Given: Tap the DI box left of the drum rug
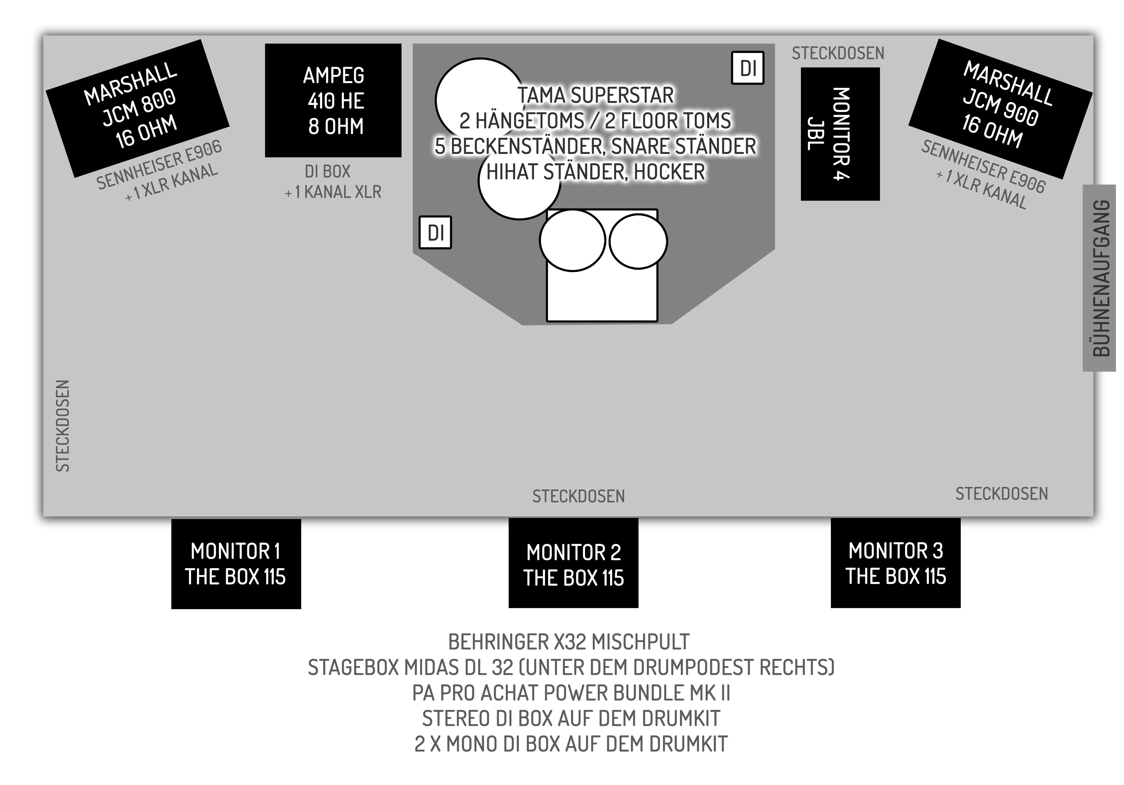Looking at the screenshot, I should [435, 233].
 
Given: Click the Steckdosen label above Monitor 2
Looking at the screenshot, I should [578, 496].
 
